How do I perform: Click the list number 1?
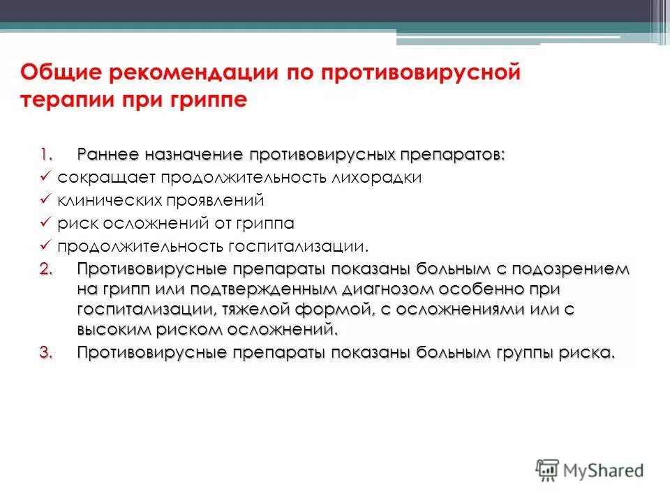pos(45,153)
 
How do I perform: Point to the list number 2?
pos(45,269)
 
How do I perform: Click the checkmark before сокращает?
pos(45,177)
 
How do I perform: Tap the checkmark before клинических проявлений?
pos(45,200)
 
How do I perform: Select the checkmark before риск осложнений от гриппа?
pos(45,223)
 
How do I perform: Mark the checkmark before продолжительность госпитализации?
pos(45,246)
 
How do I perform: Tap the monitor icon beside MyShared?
pos(549,470)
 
